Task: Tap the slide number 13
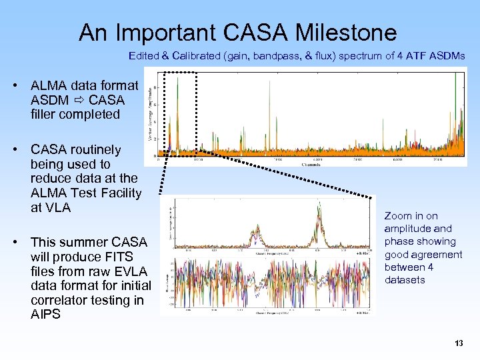point(458,343)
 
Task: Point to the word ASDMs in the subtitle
point(448,57)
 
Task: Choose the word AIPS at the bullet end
point(45,315)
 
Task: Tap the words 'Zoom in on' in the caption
point(411,216)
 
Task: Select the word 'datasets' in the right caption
point(405,280)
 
